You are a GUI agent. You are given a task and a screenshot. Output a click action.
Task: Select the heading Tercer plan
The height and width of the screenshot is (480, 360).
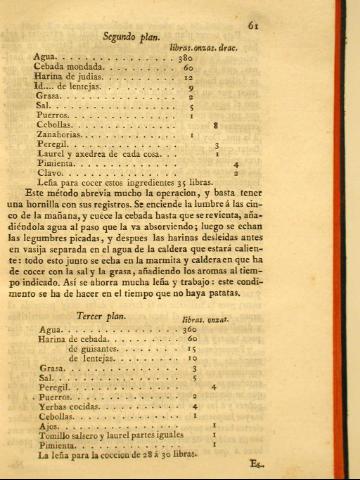(x=106, y=316)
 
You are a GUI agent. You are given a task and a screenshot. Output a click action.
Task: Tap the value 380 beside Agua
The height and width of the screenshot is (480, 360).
(x=184, y=58)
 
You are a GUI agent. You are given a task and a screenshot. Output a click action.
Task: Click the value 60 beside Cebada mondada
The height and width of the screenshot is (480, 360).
(x=187, y=68)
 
